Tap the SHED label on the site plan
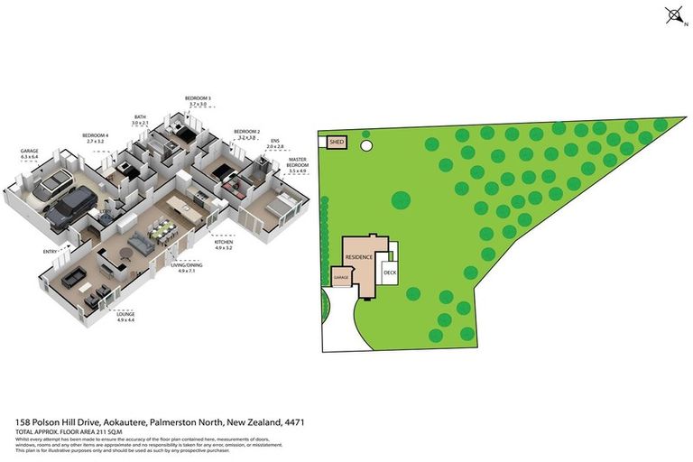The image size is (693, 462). pos(337,143)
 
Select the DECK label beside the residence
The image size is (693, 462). pos(391,272)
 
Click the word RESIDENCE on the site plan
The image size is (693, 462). pos(359,257)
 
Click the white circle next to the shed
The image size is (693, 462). pos(366,144)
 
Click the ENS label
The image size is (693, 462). pos(274,143)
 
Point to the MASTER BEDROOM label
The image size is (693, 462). pos(298,163)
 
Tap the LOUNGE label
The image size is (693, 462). pos(125,316)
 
